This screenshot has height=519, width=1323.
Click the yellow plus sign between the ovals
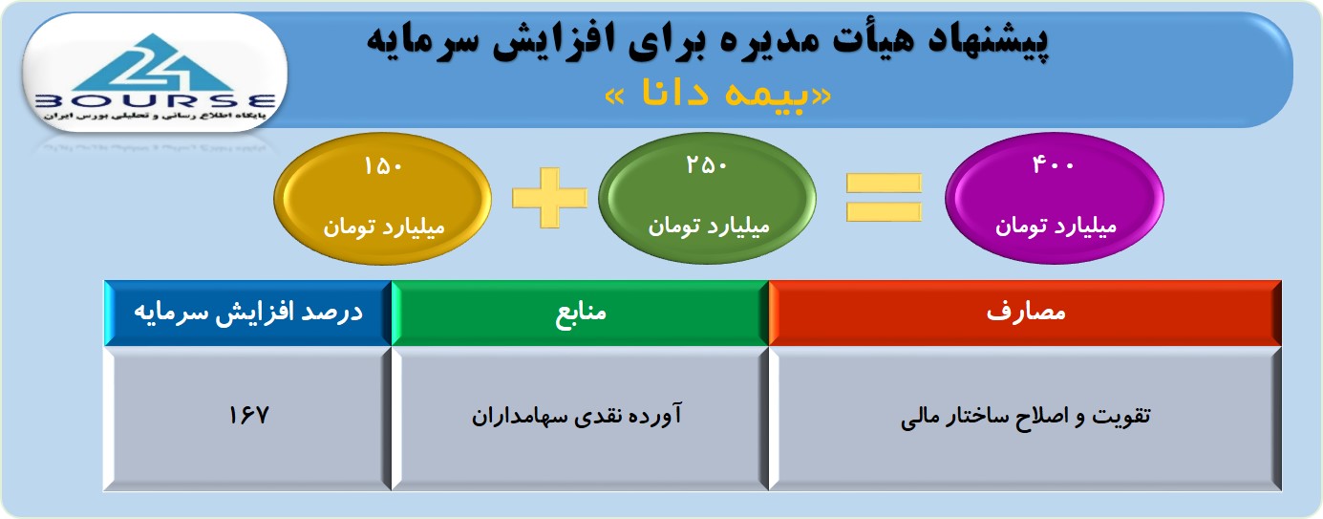549,198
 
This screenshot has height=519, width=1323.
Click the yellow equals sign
884,198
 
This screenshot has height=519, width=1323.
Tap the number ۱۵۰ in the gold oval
383,166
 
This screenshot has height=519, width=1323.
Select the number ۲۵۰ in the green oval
706,164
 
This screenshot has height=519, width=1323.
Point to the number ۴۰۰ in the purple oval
1053,163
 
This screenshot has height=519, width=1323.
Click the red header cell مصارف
1025,313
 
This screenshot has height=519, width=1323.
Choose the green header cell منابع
580,313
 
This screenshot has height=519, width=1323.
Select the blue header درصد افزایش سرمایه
248,313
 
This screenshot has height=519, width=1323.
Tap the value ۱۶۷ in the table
248,415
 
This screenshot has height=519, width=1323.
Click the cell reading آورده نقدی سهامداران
576,415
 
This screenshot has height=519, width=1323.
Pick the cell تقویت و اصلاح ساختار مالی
1025,416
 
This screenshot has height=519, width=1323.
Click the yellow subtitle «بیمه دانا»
718,95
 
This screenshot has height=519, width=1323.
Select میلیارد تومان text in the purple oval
1056,227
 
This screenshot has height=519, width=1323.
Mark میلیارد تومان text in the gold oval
383,227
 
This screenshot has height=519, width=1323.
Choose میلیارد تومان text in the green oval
709,227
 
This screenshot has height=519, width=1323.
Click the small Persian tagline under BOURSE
154,116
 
